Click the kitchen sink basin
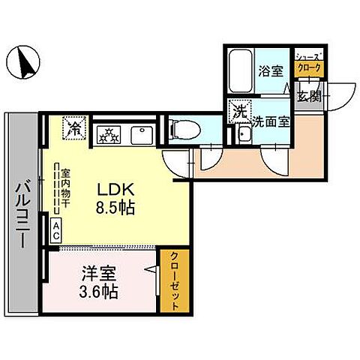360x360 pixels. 142,135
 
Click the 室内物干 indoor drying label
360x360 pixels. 66,187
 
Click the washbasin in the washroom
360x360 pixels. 245,135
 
